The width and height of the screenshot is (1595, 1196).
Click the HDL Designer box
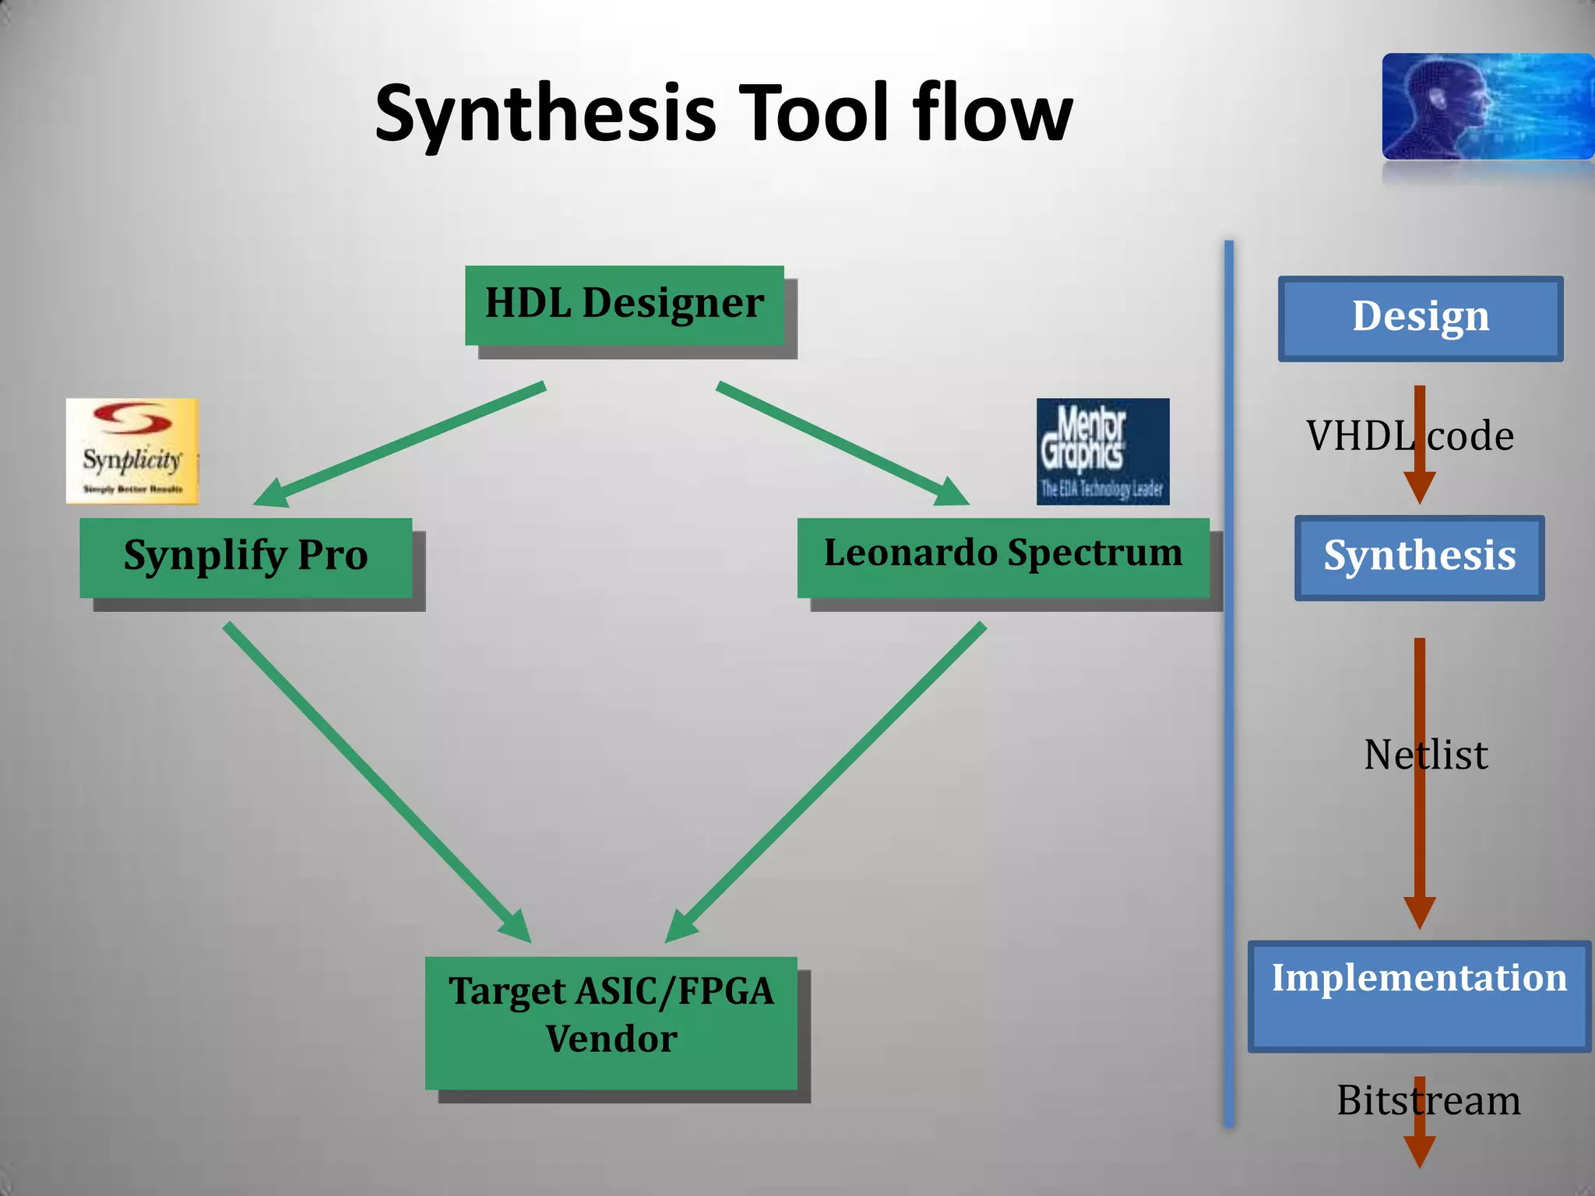(624, 304)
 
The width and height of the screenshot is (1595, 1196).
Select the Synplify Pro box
(245, 557)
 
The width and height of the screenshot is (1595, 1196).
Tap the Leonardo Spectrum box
(1003, 557)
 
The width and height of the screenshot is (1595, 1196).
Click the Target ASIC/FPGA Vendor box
(611, 1022)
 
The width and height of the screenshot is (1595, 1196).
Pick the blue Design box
(1420, 318)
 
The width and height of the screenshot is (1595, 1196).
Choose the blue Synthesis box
(1419, 558)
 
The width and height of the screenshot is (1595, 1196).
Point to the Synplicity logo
(132, 451)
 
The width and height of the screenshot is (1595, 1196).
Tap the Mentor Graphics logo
(1103, 451)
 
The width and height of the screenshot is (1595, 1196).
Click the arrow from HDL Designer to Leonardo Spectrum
(841, 442)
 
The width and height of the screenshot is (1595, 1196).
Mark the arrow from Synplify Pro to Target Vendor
(374, 779)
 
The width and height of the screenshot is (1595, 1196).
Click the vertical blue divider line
(1229, 685)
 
